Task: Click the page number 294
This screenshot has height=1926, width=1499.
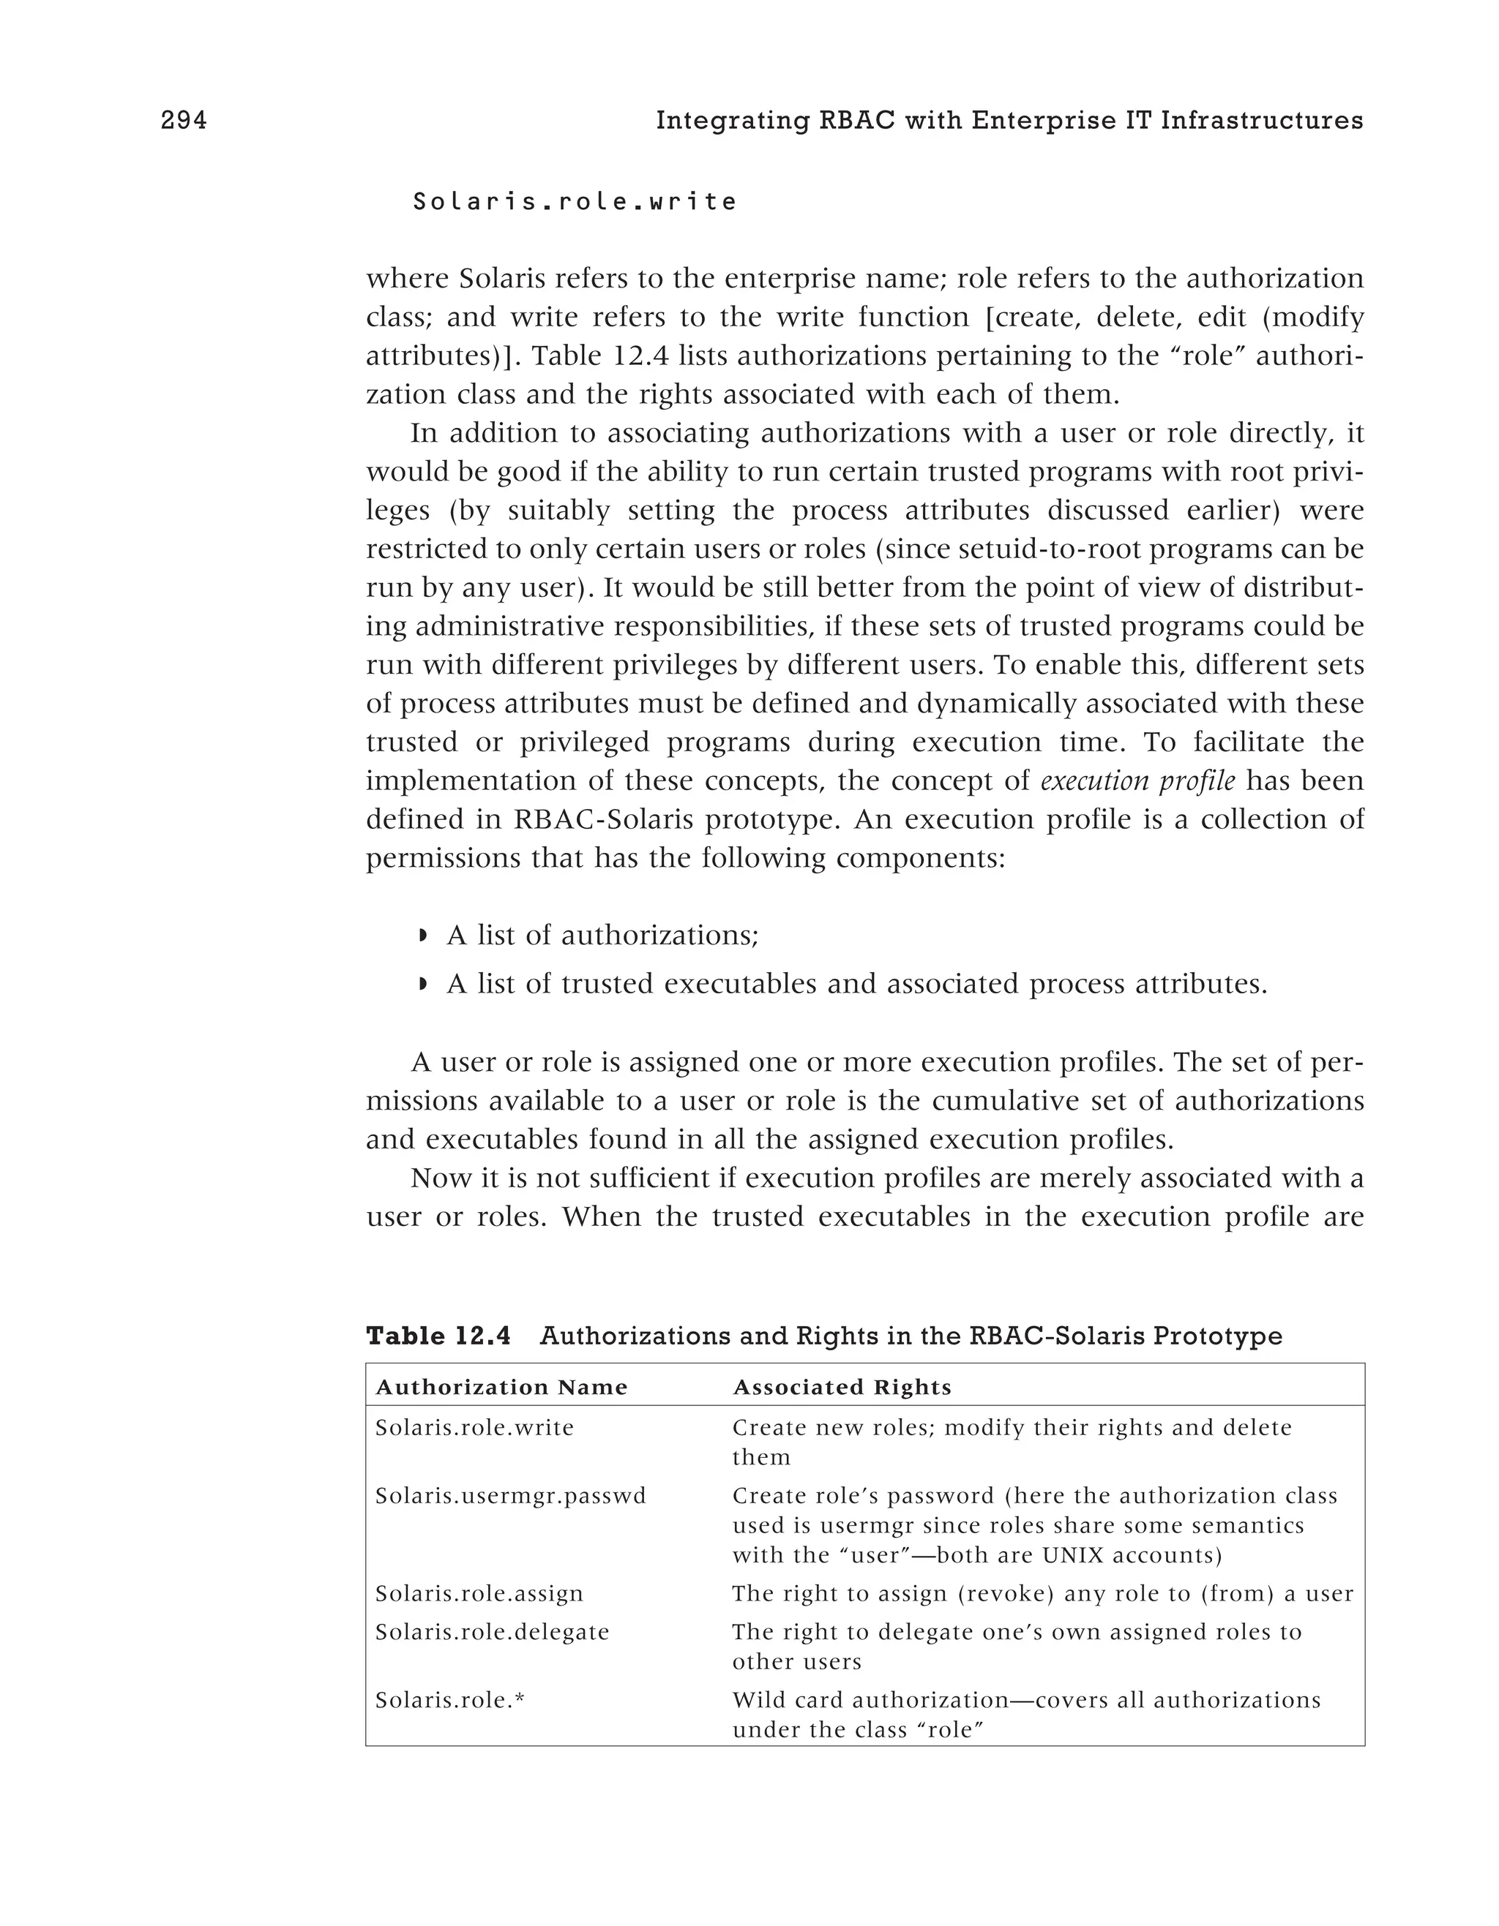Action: point(184,121)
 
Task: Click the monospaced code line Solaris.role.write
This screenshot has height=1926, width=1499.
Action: point(575,202)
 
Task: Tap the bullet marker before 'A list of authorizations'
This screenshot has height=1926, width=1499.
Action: point(422,935)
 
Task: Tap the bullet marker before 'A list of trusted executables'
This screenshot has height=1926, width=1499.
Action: point(422,983)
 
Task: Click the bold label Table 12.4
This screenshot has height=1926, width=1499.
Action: point(438,1336)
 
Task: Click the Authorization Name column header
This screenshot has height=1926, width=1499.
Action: point(501,1387)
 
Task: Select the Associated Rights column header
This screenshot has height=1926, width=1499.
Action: point(842,1387)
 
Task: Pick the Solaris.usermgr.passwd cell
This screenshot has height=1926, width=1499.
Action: point(510,1496)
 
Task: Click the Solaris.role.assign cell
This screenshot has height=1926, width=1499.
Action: point(479,1593)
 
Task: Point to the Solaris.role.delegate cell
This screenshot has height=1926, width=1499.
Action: point(493,1631)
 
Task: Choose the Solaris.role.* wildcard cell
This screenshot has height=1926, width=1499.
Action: point(450,1699)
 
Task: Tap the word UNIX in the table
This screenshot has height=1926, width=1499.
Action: point(1073,1554)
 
